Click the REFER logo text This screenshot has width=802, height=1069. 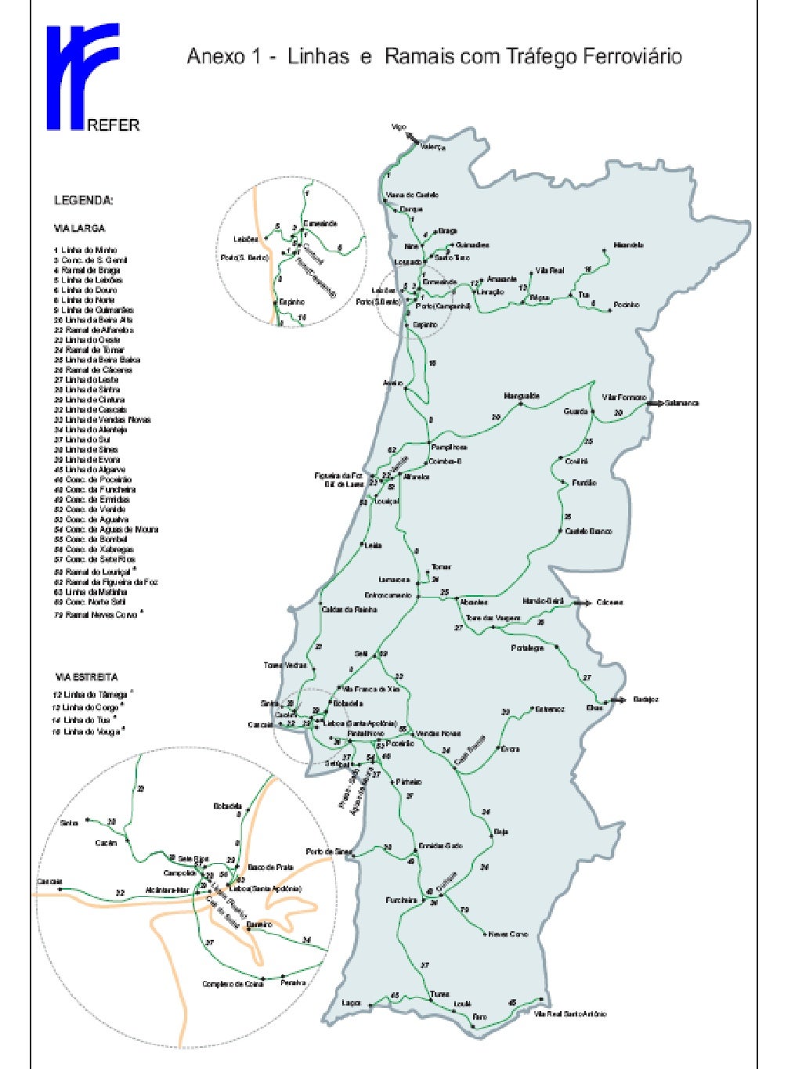pos(114,125)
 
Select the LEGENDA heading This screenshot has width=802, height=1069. pos(84,200)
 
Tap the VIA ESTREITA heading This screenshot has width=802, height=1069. pos(87,677)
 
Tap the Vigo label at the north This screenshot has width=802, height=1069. pos(399,128)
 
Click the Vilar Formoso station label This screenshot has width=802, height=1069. pos(624,397)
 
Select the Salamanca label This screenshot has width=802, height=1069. pos(681,403)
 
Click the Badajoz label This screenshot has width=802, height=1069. pos(646,699)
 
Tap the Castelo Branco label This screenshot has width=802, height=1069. pos(589,532)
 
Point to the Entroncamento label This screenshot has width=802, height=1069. pos(388,595)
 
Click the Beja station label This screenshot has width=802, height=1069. pos(501,832)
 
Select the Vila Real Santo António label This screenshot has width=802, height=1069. pos(570,1013)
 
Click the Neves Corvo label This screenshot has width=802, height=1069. pos(508,934)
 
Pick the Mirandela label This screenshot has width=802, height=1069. pos(629,245)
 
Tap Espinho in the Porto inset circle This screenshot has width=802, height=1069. pos(291,302)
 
